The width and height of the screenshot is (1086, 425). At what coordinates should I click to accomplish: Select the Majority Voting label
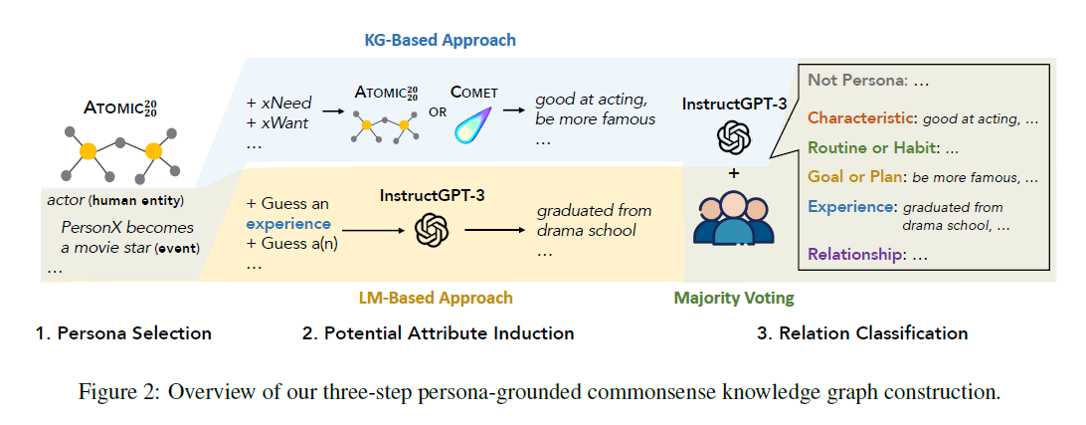coord(734,298)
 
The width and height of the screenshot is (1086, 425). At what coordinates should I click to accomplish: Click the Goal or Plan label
coord(855,178)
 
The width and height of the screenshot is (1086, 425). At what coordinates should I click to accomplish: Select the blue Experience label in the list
coord(848,207)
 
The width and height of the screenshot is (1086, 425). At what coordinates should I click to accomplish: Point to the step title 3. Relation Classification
coord(862,333)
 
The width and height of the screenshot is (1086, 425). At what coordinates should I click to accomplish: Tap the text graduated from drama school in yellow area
coord(594,220)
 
